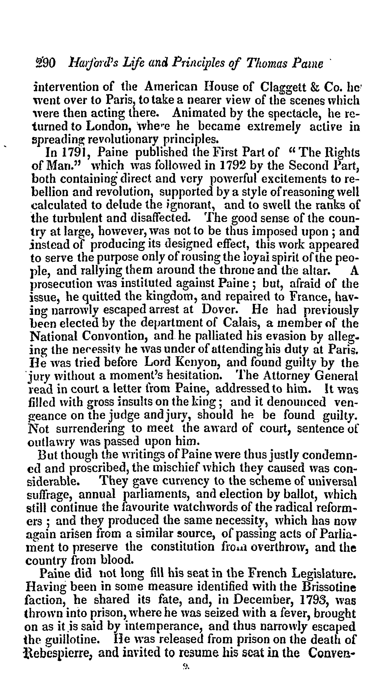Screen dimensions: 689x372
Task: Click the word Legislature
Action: pyautogui.click(x=324, y=573)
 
